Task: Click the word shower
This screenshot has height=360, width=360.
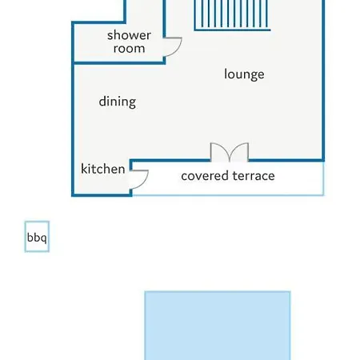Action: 129,35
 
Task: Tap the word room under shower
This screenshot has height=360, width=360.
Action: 129,49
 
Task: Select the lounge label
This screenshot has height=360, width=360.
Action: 244,74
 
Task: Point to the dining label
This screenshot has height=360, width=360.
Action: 118,102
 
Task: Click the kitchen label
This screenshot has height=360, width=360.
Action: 103,169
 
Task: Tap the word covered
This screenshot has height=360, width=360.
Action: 206,176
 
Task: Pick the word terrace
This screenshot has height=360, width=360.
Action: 254,176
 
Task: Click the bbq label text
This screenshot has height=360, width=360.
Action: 37,238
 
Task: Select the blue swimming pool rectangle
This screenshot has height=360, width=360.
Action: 218,326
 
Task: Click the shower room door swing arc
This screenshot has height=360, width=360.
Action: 178,50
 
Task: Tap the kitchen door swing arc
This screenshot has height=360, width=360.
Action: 144,182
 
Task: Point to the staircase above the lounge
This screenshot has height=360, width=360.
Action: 232,15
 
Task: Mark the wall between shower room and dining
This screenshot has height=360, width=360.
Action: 119,63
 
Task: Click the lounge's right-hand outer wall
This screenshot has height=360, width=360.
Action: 323,80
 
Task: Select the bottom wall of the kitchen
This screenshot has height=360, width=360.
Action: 102,195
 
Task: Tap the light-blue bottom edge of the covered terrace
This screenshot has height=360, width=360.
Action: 228,195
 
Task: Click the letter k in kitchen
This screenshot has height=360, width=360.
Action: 84,169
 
